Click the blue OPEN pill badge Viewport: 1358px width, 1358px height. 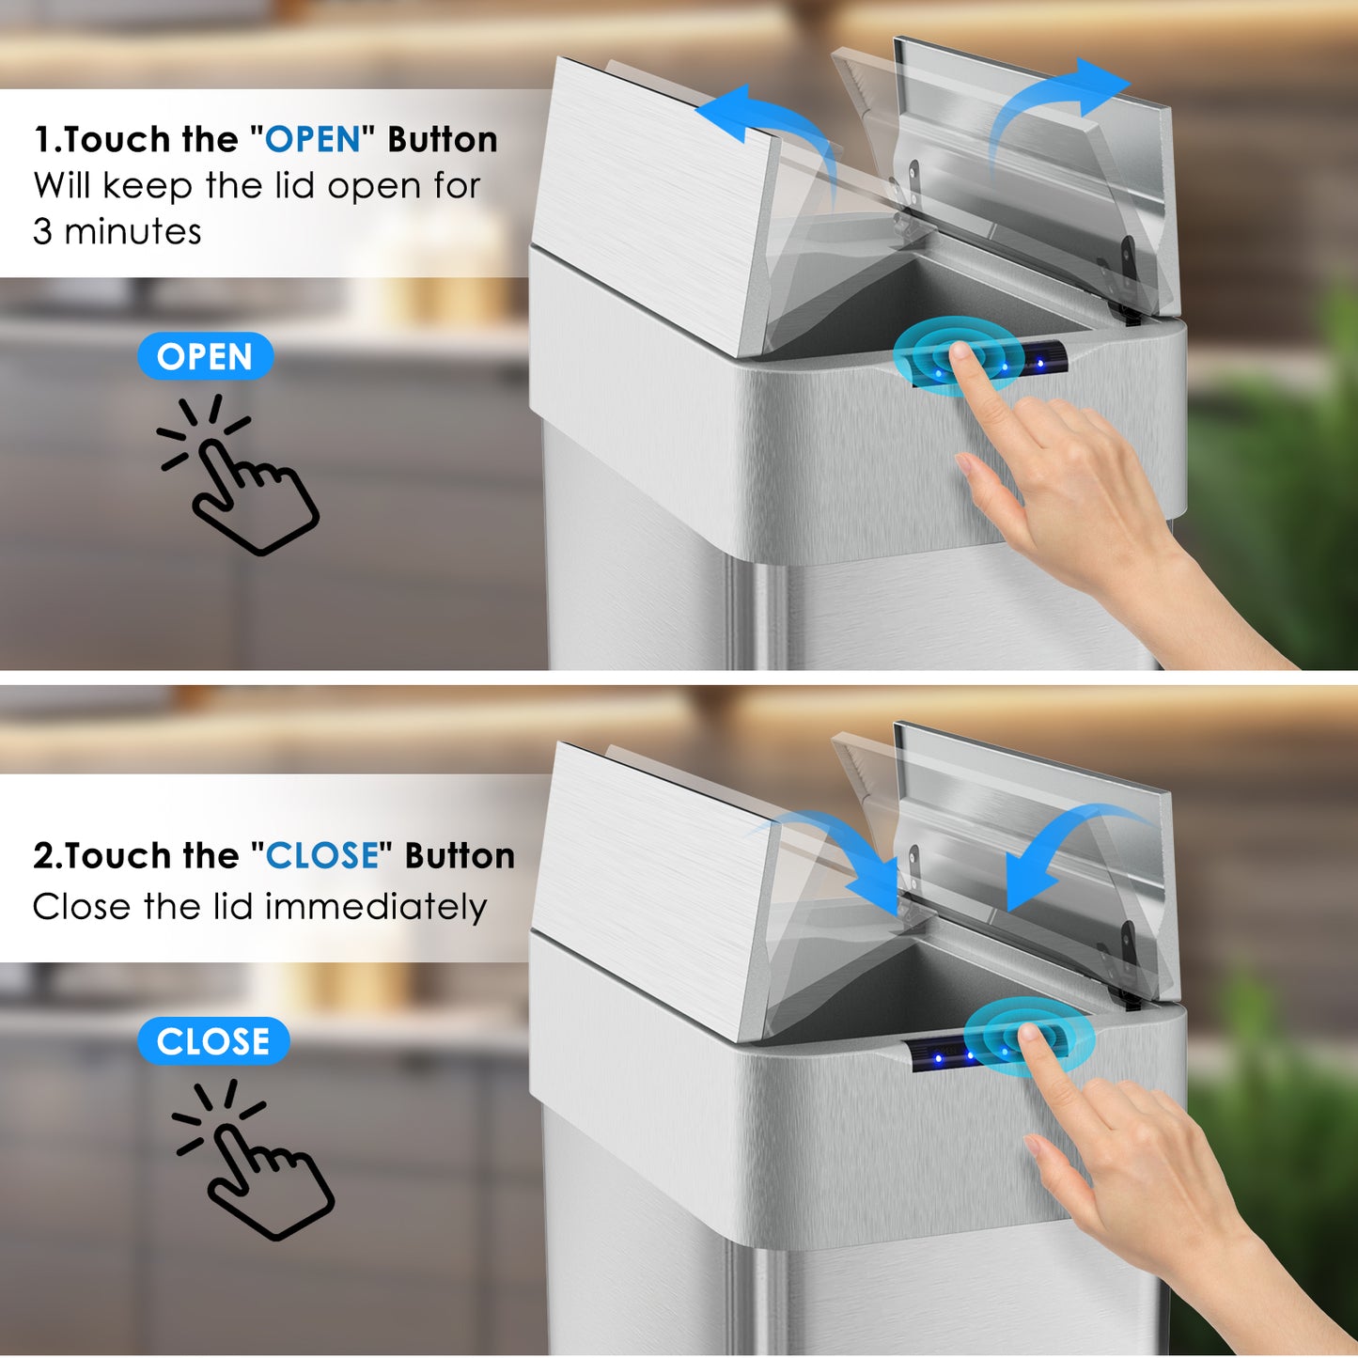tap(205, 356)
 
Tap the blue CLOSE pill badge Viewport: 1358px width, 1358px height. tap(212, 1041)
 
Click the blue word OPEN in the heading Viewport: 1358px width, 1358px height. tap(313, 139)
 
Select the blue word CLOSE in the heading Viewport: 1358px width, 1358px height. tap(322, 855)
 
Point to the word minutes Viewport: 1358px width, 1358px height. tap(133, 232)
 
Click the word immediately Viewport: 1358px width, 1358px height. tap(376, 906)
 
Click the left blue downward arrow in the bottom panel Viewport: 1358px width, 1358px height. tap(838, 846)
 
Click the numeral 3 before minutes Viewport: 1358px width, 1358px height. tap(42, 232)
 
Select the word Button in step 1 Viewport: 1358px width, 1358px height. tap(443, 139)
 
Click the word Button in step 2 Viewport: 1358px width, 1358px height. tap(460, 855)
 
